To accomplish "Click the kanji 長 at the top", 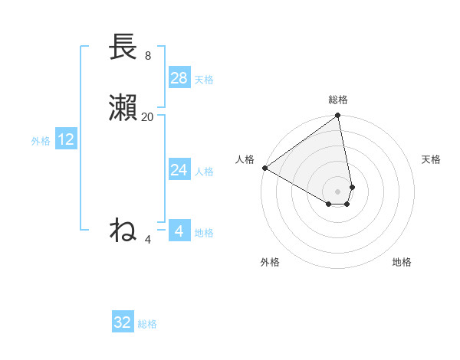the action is [123, 47].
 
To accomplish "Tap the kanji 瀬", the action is [123, 108].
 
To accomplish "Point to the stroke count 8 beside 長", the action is [148, 56].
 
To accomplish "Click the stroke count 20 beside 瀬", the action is [148, 117].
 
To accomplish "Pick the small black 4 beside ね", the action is [148, 240].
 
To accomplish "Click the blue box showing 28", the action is [179, 78].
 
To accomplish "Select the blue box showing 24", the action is [179, 170].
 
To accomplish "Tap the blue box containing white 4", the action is [179, 231].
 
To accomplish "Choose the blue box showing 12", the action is [66, 139].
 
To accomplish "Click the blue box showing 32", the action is [123, 322].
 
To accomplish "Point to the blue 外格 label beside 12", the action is [41, 141].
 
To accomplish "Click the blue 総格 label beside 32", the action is [147, 324].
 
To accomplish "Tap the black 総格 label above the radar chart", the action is [338, 100].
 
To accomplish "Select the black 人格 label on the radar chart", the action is [245, 159].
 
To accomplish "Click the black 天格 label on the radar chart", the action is [431, 159].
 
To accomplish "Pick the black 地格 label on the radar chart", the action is [402, 262].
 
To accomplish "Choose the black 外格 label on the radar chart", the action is [270, 262].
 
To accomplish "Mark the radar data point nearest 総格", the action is [338, 116].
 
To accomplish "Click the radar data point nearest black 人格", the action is [264, 168].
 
